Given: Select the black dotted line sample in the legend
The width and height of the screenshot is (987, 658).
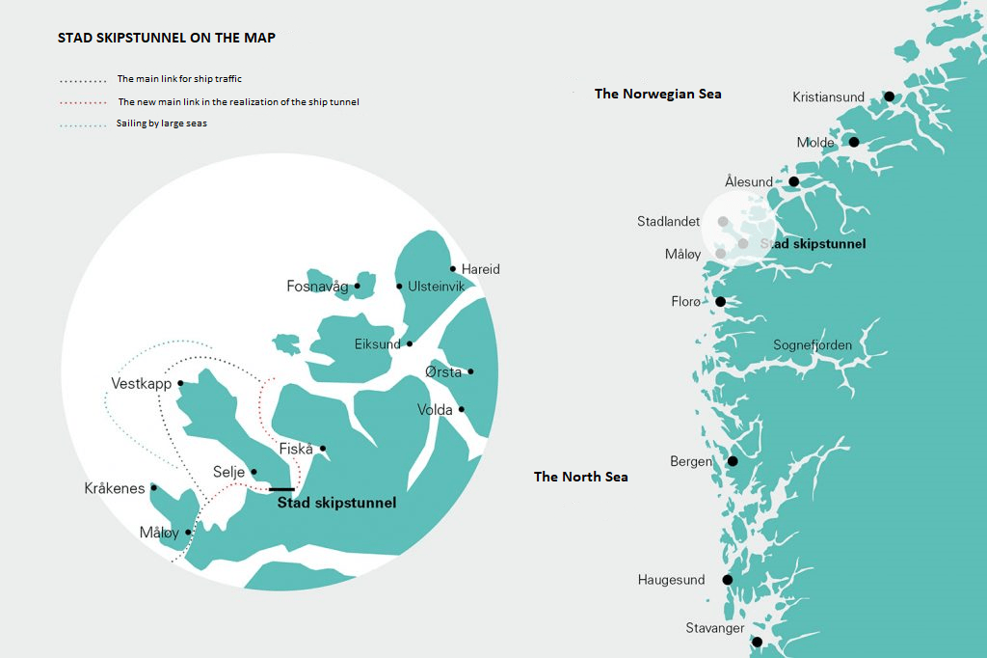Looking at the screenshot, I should [x=82, y=80].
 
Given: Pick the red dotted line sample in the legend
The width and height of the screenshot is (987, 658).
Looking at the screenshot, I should [x=82, y=102].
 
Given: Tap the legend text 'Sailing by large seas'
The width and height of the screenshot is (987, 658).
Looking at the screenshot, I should [x=161, y=123].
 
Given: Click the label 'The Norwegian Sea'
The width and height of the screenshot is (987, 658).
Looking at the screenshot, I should [x=657, y=94].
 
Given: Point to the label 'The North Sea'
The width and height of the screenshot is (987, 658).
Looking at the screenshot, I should [x=580, y=477].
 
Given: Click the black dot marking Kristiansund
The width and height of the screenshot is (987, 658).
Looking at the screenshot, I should [x=889, y=96].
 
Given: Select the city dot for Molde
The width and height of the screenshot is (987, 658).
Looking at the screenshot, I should [x=853, y=142].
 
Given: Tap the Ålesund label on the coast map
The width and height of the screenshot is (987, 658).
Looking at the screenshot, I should [x=748, y=181].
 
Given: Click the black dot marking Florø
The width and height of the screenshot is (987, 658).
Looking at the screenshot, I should [x=720, y=302].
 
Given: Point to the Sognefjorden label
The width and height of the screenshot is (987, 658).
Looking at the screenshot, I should [x=813, y=345].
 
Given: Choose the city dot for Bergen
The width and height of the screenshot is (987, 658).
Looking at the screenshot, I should [x=732, y=461].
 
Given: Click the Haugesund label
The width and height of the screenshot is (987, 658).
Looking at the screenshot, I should [x=671, y=580].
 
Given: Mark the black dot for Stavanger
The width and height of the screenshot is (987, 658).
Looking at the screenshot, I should [x=757, y=642].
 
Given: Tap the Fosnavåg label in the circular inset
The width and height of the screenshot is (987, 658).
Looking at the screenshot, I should [x=317, y=287].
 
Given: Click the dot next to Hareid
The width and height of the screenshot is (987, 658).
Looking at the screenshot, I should [x=452, y=269].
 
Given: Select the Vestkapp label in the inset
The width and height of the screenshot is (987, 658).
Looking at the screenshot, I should [x=141, y=383].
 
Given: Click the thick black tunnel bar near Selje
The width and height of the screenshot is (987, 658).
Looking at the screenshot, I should [x=281, y=489].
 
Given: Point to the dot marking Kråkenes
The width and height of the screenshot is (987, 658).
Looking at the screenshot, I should [x=153, y=487].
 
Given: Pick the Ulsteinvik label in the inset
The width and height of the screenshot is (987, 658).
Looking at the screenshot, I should [x=436, y=287].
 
